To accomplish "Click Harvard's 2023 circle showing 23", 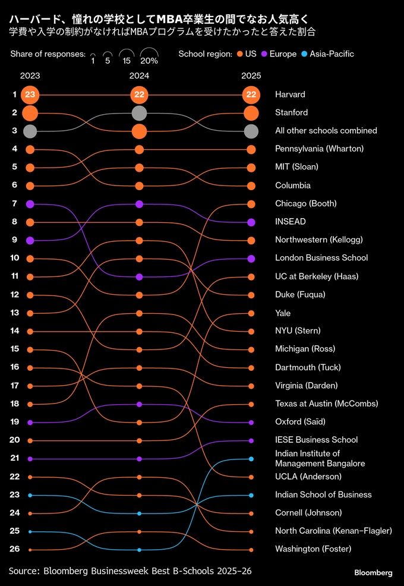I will pyautogui.click(x=30, y=94).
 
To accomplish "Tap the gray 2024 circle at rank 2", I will pyautogui.click(x=139, y=113).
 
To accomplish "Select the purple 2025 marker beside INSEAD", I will pyautogui.click(x=251, y=222).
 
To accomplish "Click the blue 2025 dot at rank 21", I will pyautogui.click(x=251, y=459).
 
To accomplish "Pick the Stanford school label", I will pyautogui.click(x=291, y=112).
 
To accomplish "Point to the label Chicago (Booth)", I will pyautogui.click(x=305, y=203).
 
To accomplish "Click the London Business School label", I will pyautogui.click(x=321, y=258).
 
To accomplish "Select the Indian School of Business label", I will pyautogui.click(x=323, y=494).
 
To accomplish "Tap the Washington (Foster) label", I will pyautogui.click(x=313, y=549).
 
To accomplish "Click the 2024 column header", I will pyautogui.click(x=139, y=76).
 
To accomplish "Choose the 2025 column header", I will pyautogui.click(x=251, y=76).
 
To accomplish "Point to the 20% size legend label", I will pyautogui.click(x=149, y=61).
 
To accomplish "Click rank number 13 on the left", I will pyautogui.click(x=15, y=313).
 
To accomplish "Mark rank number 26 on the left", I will pyautogui.click(x=15, y=549).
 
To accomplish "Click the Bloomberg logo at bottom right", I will pyautogui.click(x=373, y=573).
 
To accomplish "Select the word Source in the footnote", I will pyautogui.click(x=24, y=571).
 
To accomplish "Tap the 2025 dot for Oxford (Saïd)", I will pyautogui.click(x=251, y=422).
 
